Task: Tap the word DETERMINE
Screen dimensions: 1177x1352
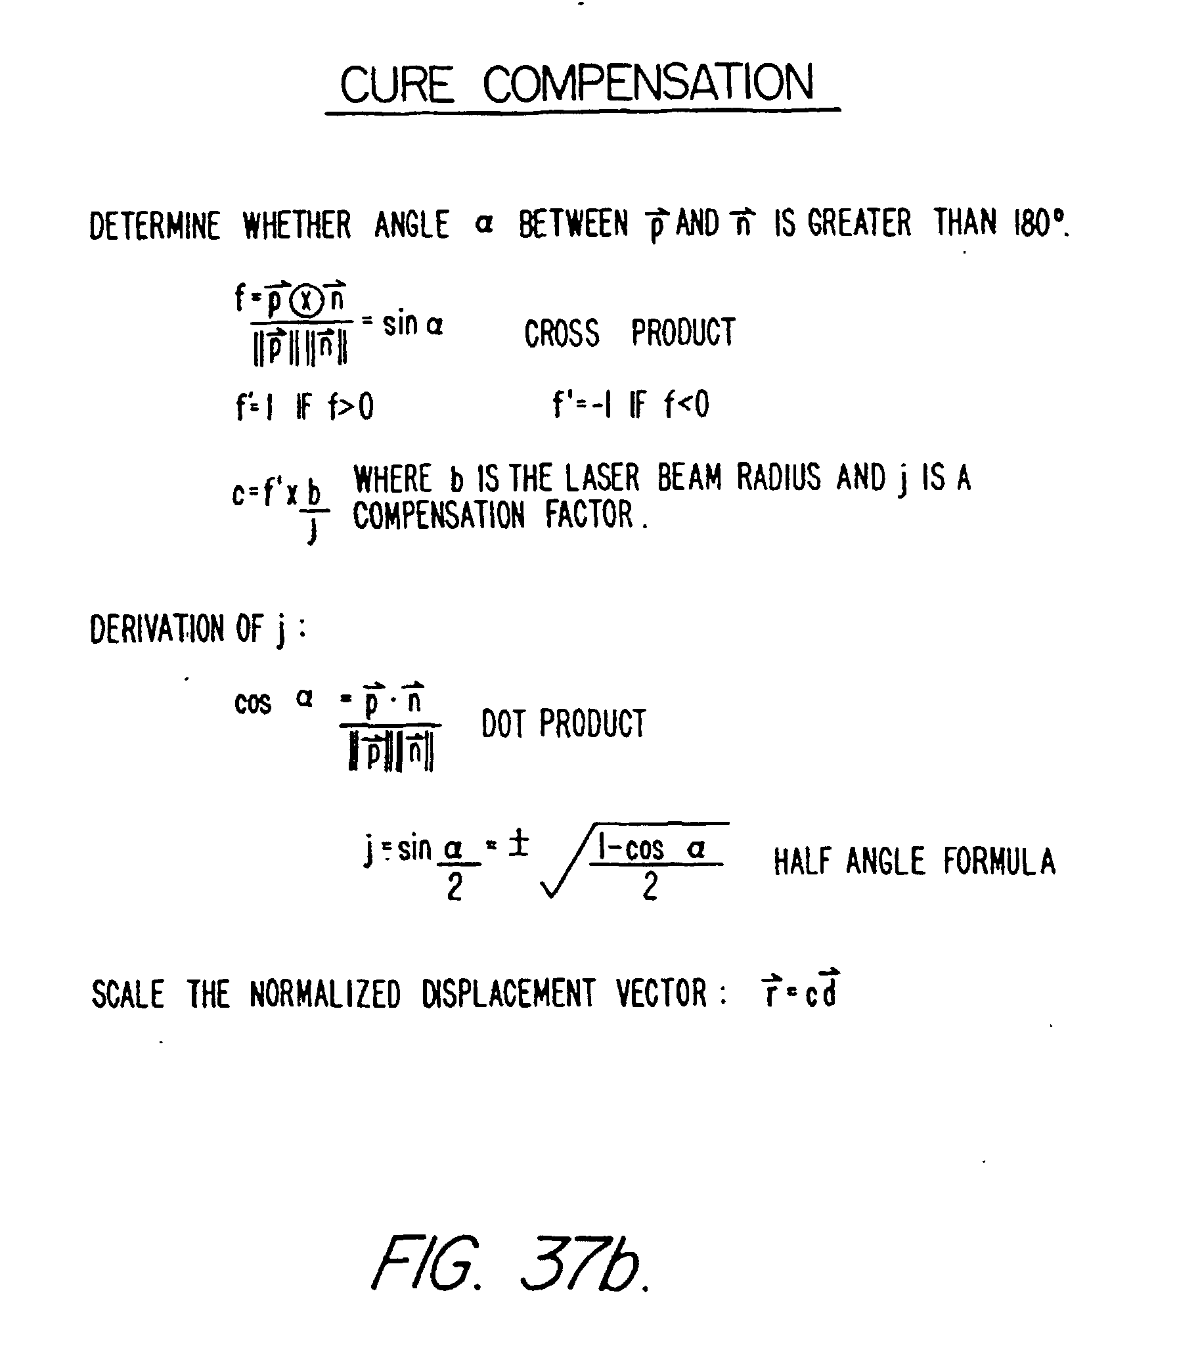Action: coord(155,225)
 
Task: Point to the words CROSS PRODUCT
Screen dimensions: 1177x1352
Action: coord(629,332)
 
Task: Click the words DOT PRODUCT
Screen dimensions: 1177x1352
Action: coord(564,723)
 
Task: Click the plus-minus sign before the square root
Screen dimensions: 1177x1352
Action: coord(519,845)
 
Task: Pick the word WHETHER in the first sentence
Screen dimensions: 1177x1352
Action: coord(297,225)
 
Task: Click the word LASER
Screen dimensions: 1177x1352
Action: coord(602,478)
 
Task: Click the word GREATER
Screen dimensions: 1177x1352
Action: coord(860,223)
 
